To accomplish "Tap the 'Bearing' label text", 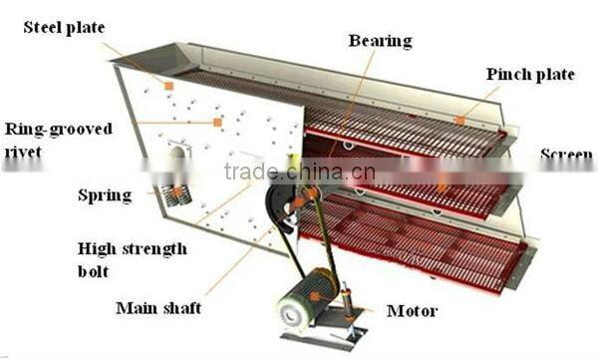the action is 380,41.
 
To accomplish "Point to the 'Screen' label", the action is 566,155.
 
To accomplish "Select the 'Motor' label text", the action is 411,311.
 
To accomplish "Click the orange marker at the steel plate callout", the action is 168,86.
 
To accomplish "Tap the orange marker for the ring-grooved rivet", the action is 216,122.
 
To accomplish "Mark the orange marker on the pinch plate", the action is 459,121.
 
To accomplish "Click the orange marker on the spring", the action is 177,190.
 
